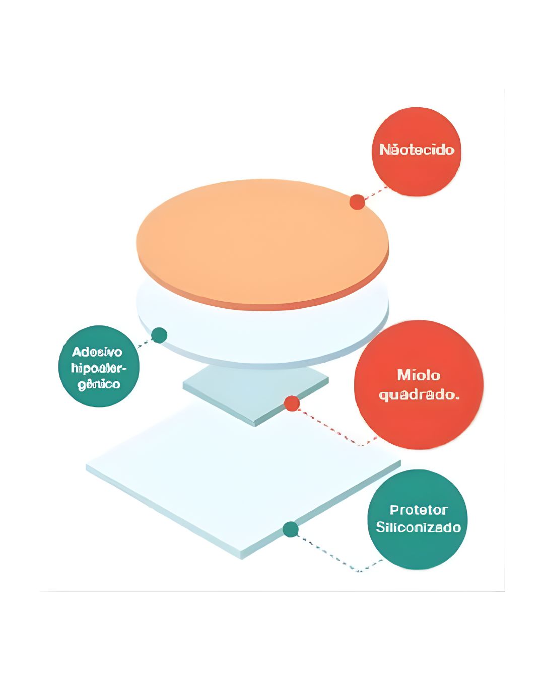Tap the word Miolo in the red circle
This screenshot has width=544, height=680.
pos(419,375)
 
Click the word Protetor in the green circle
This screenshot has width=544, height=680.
pos(418,510)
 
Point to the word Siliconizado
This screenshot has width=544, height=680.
pos(418,527)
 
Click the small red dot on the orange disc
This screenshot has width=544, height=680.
pos(357,202)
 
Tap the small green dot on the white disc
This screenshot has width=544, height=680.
pos(159,335)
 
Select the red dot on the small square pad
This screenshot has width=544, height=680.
pos(292,403)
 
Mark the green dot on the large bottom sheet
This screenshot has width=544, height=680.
pos(290,529)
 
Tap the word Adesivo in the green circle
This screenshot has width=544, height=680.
pos(97,352)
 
